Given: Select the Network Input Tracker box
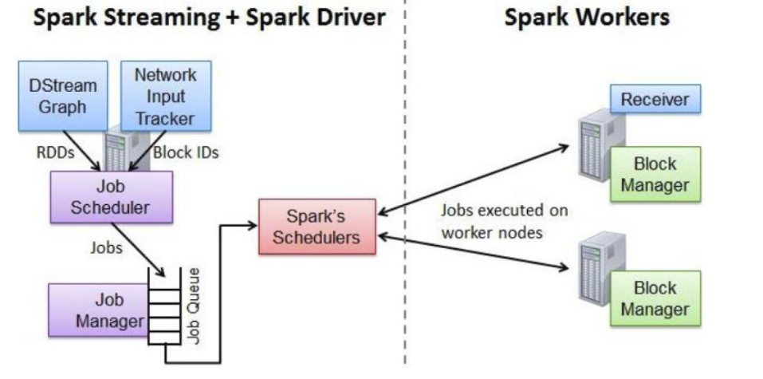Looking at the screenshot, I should coord(165,97).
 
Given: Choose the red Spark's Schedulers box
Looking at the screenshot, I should coord(317,227).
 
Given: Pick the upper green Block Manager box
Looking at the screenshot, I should coord(655,174).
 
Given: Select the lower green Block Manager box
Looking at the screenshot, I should coord(655,298).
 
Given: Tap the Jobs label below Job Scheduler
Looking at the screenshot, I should coord(105,247).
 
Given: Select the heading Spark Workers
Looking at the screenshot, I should coord(587,18).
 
